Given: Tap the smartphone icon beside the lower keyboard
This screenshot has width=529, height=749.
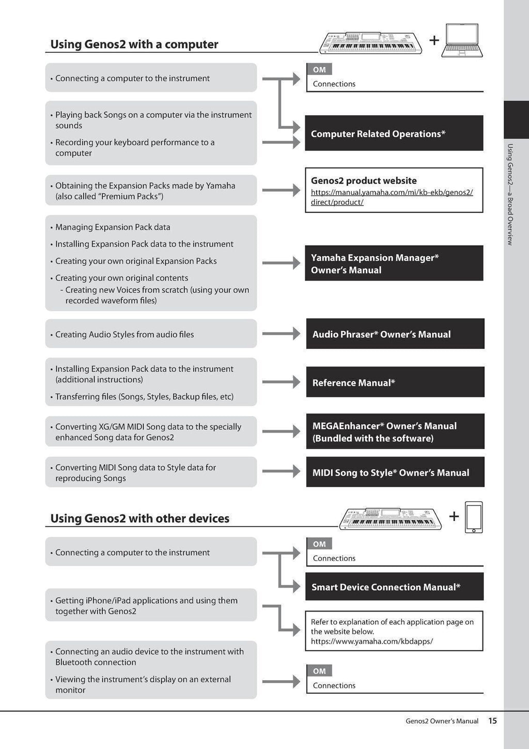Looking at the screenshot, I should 474,517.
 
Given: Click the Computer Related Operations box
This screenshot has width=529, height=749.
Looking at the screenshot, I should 394,133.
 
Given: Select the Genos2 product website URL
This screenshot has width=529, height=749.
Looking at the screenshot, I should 392,197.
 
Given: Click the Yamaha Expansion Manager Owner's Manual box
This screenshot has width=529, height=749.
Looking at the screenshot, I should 394,263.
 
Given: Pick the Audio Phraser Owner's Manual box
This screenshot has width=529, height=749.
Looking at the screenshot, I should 395,334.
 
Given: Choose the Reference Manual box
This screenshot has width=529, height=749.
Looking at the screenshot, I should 395,382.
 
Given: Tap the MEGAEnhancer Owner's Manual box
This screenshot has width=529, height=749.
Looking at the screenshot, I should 395,431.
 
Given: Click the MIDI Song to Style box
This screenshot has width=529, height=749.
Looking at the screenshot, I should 395,472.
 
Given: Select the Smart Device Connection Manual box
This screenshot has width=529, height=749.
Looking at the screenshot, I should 394,586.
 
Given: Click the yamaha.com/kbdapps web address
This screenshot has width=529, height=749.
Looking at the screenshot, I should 371,641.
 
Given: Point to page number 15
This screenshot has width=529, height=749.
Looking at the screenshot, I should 492,721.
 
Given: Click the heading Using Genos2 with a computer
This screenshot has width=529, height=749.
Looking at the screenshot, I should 134,44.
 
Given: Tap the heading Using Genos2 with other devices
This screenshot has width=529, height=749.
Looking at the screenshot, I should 139,518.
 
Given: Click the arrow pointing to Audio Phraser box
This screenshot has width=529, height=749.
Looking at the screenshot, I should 281,334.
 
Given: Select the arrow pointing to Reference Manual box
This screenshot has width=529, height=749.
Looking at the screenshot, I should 281,382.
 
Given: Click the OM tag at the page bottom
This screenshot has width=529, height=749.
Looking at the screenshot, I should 319,671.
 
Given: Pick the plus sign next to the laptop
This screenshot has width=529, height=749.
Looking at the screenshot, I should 434,40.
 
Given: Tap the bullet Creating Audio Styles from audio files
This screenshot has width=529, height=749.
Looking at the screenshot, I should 125,334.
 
